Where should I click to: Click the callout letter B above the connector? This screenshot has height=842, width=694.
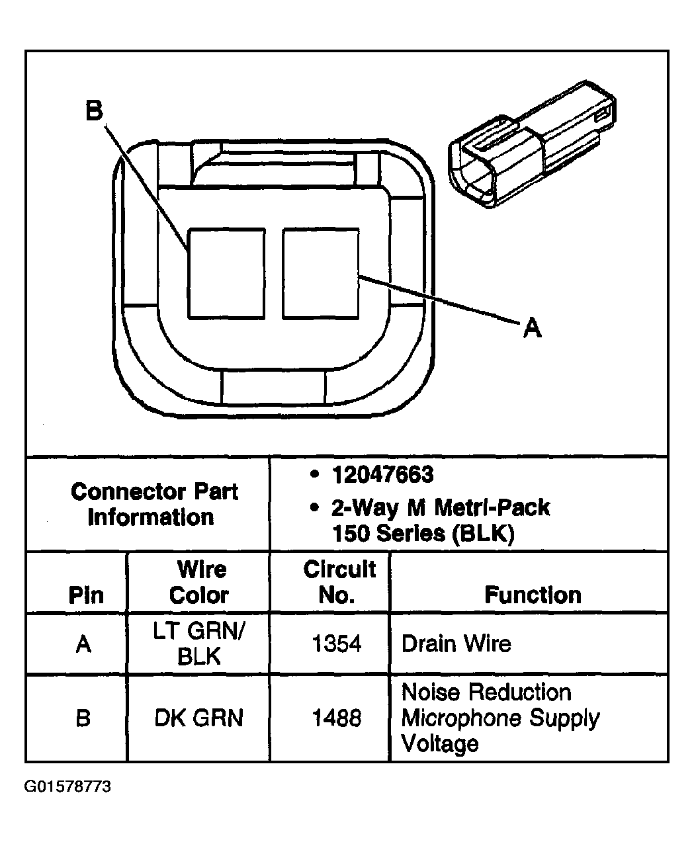tap(95, 111)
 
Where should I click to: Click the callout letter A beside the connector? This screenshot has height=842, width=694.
tap(532, 327)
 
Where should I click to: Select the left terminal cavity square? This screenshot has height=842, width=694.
tap(226, 274)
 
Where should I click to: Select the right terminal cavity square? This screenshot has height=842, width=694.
tap(321, 274)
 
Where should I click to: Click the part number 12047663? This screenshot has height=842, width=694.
tap(383, 475)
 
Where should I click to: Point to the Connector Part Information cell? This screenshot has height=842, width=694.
tap(154, 504)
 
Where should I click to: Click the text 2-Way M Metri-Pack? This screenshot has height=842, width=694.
tap(440, 508)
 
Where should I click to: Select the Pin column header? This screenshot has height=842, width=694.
tap(86, 595)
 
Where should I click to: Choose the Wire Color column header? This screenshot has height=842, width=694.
tap(199, 582)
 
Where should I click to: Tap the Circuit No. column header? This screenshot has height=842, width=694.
tap(338, 582)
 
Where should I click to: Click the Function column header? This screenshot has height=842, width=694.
tap(533, 595)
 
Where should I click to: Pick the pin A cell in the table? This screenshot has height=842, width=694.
tap(83, 644)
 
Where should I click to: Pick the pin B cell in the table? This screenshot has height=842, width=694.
tap(83, 718)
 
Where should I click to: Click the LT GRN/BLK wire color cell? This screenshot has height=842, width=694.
tap(199, 644)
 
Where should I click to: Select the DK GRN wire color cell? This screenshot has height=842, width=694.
tap(199, 718)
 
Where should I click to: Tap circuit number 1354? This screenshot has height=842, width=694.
tap(337, 644)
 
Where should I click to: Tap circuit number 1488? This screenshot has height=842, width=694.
tap(337, 718)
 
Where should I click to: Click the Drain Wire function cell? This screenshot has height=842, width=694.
tap(456, 644)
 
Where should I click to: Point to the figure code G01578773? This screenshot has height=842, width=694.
tap(68, 787)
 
